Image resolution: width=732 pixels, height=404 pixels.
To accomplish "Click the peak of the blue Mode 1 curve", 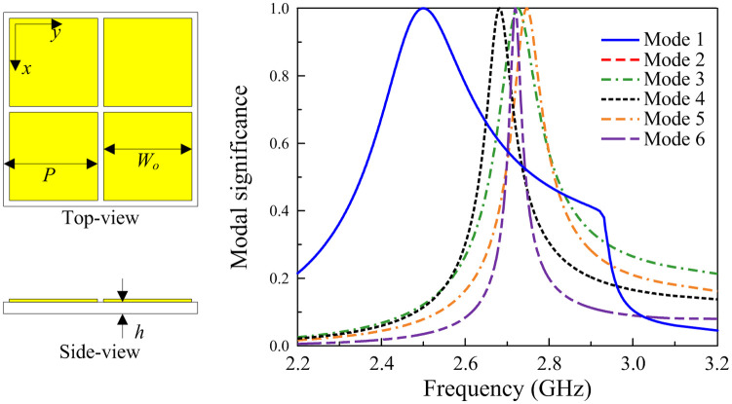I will point(423,9).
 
